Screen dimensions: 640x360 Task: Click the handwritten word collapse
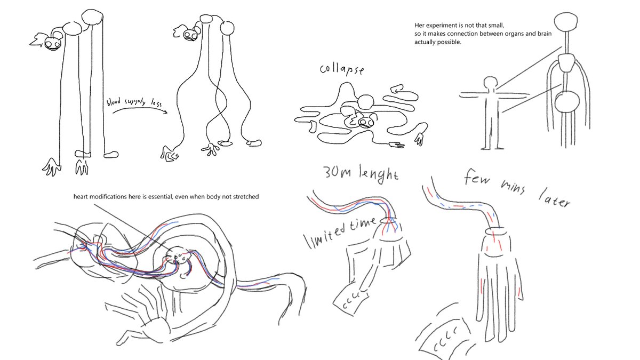point(342,69)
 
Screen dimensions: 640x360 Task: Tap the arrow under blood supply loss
point(140,108)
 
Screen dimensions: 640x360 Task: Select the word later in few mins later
point(554,198)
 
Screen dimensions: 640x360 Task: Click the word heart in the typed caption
point(81,197)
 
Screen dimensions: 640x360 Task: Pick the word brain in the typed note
point(545,34)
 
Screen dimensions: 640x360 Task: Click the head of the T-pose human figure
point(491,83)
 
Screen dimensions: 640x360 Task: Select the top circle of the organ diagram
point(566,21)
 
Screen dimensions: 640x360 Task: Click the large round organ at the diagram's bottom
point(567,102)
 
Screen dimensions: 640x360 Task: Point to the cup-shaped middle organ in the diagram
point(566,63)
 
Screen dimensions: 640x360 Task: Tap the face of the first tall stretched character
point(52,44)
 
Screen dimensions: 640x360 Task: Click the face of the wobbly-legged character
point(190,35)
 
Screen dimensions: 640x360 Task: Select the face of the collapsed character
point(365,122)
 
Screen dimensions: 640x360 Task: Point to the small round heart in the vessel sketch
point(177,255)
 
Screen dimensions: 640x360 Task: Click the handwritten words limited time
point(341,233)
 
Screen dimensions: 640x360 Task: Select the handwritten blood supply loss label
point(134,102)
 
